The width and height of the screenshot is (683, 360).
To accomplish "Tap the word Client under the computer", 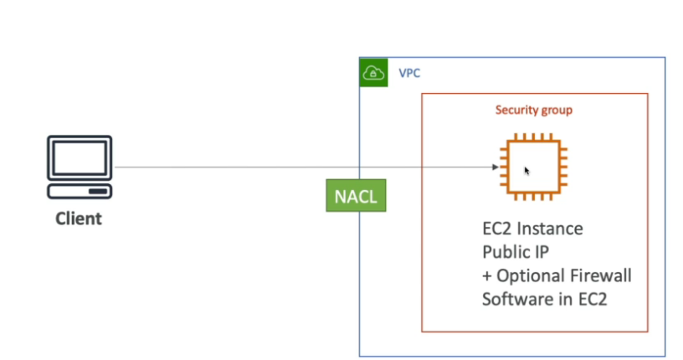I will [x=79, y=219].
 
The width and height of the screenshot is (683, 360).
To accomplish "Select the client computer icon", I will [x=79, y=167].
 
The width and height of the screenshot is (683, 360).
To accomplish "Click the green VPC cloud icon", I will [x=373, y=74].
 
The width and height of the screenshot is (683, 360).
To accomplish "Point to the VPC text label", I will [x=409, y=74].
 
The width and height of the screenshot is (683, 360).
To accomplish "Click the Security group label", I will [x=534, y=110].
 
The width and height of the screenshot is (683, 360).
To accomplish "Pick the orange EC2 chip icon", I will [x=533, y=167].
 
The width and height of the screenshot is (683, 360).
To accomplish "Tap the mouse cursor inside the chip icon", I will [x=527, y=171].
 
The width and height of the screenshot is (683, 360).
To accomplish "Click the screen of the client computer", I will [x=79, y=159].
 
